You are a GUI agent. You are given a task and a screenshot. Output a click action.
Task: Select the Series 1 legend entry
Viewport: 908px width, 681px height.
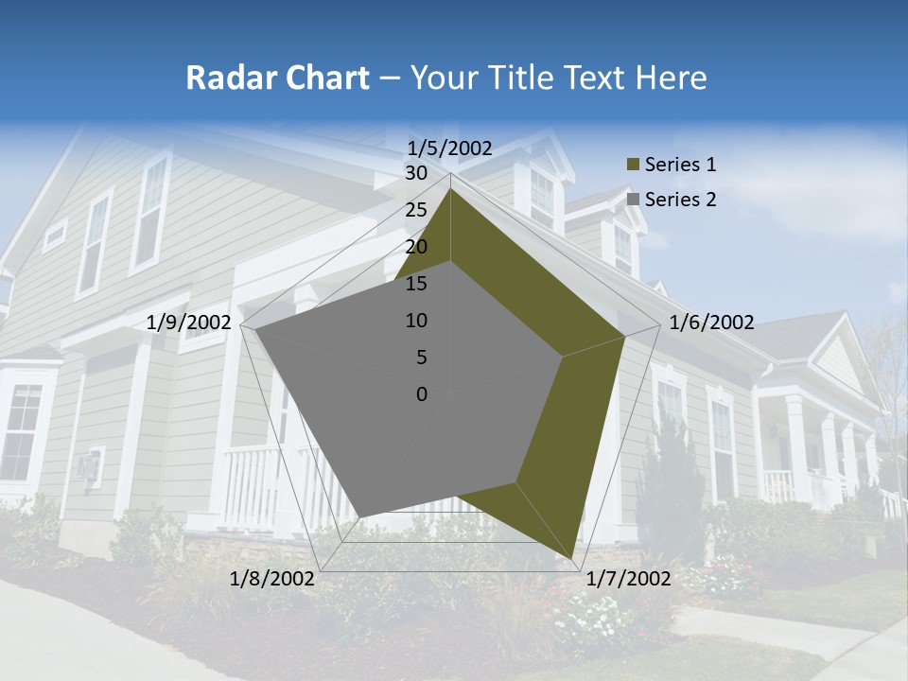pyautogui.click(x=680, y=165)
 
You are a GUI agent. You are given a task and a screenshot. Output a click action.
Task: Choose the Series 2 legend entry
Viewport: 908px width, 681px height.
pyautogui.click(x=680, y=200)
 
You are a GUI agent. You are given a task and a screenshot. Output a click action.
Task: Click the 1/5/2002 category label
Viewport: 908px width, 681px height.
pyautogui.click(x=450, y=148)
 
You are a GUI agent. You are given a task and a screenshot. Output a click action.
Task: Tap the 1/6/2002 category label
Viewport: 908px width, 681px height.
pyautogui.click(x=711, y=323)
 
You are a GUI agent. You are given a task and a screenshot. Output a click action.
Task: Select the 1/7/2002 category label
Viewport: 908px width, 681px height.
pyautogui.click(x=629, y=579)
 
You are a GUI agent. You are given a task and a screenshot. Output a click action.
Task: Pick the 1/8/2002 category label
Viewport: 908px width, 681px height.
pyautogui.click(x=272, y=579)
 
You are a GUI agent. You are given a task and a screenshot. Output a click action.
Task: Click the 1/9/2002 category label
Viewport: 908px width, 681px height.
pyautogui.click(x=189, y=323)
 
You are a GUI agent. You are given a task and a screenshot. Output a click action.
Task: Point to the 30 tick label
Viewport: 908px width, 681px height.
pyautogui.click(x=416, y=173)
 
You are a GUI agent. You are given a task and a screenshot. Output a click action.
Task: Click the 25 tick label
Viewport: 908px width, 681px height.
pyautogui.click(x=416, y=210)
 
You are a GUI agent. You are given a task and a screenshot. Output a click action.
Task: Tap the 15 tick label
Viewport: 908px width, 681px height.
pyautogui.click(x=416, y=284)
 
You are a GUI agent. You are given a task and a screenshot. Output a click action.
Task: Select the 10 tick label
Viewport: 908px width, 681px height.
pyautogui.click(x=416, y=321)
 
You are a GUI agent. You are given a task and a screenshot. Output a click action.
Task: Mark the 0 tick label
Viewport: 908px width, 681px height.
pyautogui.click(x=422, y=394)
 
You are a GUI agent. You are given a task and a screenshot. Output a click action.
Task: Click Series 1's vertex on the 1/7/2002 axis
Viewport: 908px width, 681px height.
pyautogui.click(x=573, y=558)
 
